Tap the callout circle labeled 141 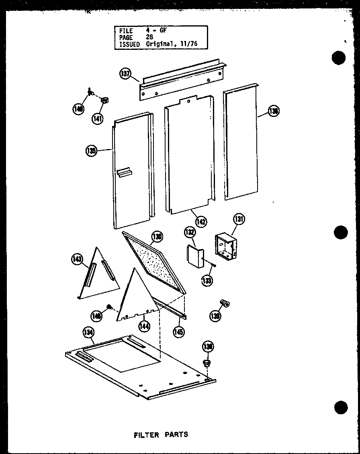[x=97, y=118]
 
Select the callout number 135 [x=92, y=151]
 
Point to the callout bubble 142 [x=201, y=221]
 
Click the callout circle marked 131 [x=239, y=219]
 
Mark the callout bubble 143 [x=76, y=260]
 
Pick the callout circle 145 [x=179, y=332]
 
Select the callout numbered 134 [x=88, y=332]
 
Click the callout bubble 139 [x=215, y=316]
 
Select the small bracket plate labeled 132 [x=195, y=258]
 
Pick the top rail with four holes [x=181, y=80]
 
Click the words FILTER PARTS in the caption [x=160, y=434]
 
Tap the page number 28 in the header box [x=150, y=37]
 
